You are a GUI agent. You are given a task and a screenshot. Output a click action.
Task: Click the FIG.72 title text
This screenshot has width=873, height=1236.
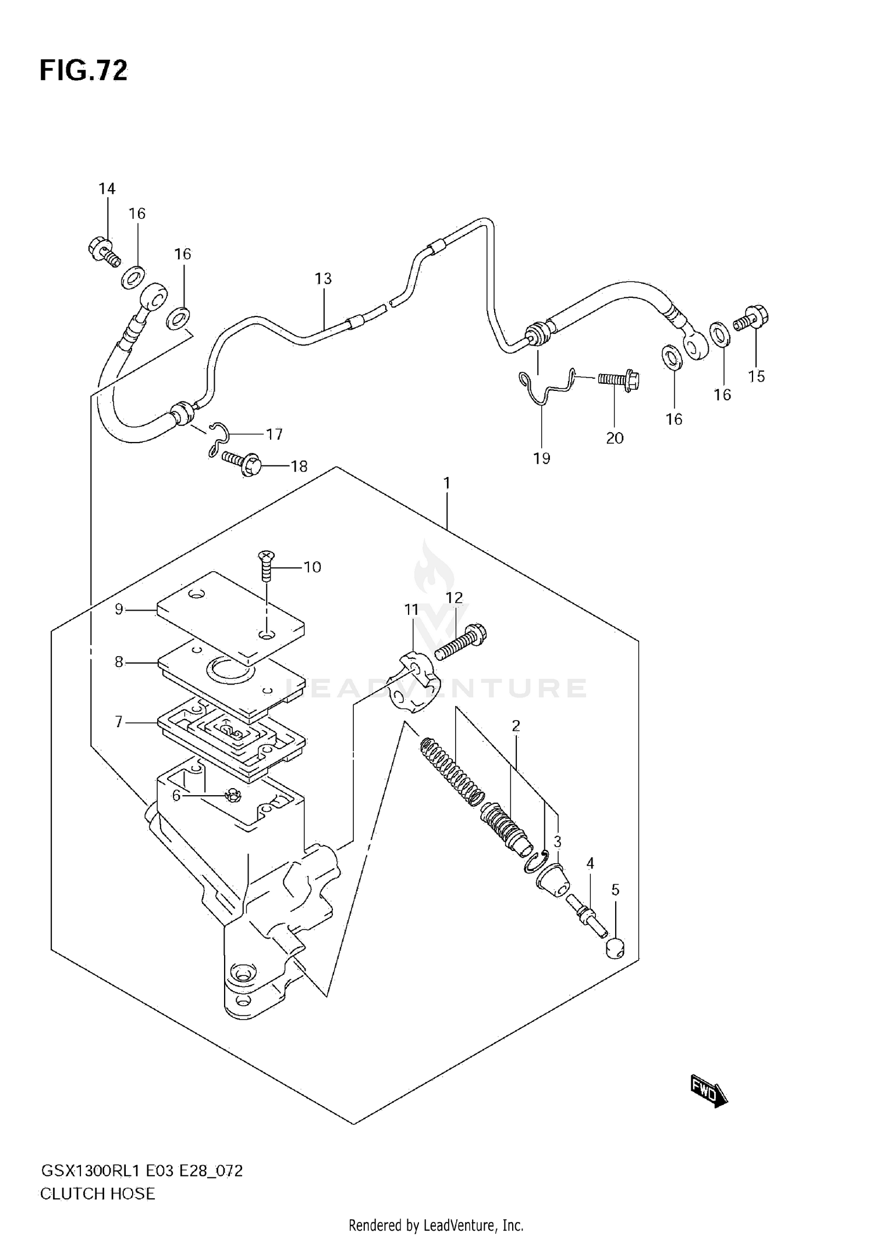point(83,71)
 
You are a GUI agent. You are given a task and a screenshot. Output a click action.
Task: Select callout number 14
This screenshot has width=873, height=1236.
point(107,188)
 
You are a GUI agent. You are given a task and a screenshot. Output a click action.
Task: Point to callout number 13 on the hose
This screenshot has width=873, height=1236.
point(323,279)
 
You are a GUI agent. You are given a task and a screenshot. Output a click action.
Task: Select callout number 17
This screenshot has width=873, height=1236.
point(274,434)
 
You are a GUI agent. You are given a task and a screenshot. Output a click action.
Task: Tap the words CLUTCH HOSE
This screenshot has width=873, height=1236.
point(97,1194)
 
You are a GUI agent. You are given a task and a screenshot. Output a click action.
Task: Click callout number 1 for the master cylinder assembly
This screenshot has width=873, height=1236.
point(446,483)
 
